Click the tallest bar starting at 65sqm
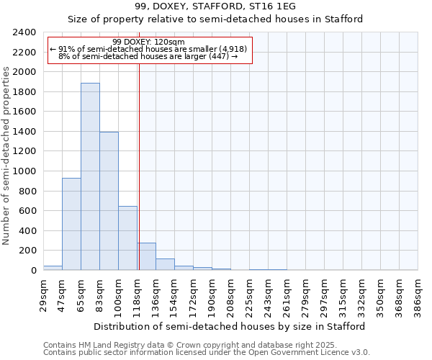(90, 176)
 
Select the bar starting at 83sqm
(109, 201)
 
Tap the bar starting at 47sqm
(71, 224)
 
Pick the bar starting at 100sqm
(127, 238)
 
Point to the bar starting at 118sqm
(146, 256)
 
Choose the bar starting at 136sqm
(165, 264)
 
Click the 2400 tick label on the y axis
(24, 32)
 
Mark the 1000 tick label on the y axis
(24, 171)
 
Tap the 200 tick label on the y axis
(27, 251)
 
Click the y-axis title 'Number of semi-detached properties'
(6, 156)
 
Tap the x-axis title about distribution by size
(230, 326)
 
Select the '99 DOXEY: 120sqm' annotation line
(149, 42)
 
